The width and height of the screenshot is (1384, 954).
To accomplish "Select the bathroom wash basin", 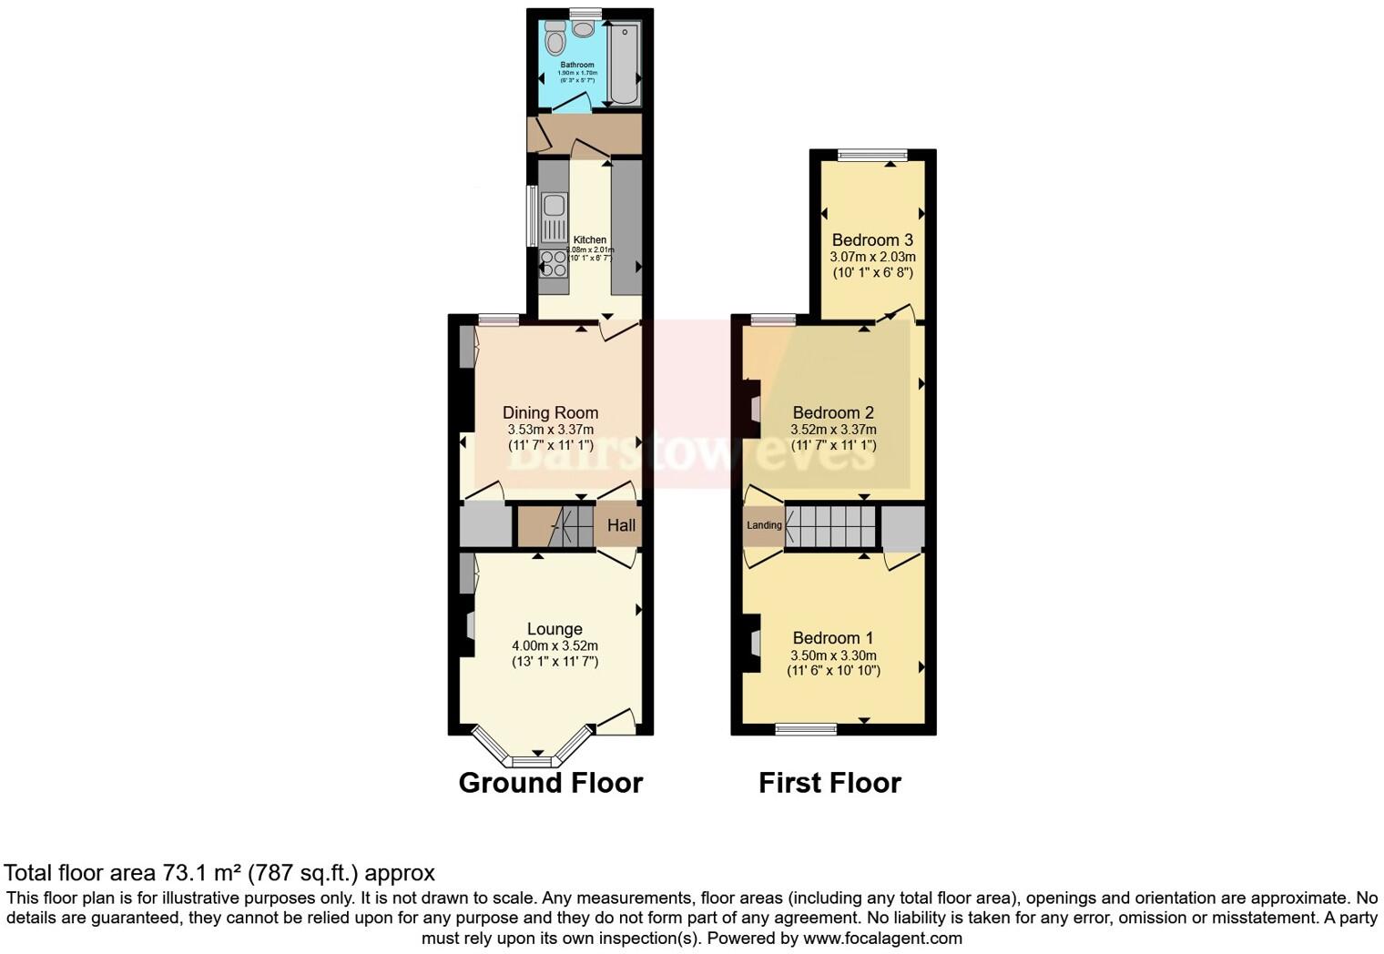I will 583,27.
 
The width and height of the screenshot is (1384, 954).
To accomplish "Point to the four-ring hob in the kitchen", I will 553,263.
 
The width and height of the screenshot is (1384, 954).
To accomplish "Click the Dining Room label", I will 550,412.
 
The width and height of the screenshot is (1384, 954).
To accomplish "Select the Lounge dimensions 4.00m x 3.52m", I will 555,646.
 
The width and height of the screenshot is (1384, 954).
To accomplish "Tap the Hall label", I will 621,525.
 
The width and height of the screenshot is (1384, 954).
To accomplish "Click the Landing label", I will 764,525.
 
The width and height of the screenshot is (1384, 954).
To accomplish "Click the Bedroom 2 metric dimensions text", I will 833,430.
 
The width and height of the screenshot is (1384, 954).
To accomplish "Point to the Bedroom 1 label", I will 833,638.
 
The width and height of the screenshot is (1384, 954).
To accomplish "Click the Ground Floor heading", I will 550,783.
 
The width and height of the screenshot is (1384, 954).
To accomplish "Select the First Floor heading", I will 829,783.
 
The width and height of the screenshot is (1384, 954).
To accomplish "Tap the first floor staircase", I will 829,526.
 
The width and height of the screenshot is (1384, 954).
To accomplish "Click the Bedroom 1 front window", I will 806,728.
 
